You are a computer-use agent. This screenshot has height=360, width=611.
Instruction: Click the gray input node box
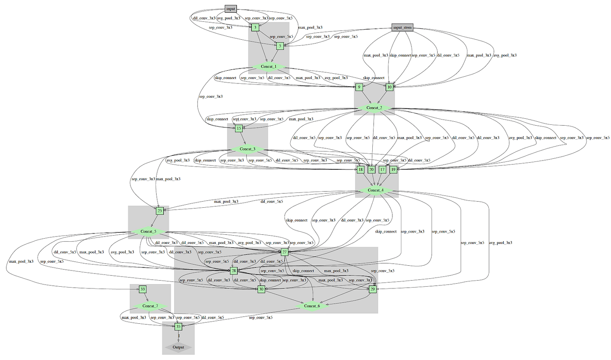(x=230, y=8)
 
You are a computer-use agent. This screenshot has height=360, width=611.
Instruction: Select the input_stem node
(x=402, y=28)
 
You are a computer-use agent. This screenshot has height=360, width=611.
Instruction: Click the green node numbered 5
(x=280, y=45)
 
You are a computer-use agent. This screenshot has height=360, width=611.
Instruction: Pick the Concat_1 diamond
(x=268, y=66)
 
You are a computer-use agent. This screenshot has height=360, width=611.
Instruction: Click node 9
(x=359, y=87)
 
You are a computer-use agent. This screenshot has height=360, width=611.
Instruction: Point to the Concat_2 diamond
(x=374, y=108)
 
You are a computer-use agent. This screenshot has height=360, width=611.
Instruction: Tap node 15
(x=239, y=128)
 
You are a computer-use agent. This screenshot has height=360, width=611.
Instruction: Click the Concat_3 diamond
(x=247, y=149)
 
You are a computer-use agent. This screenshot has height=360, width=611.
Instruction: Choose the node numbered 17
(x=382, y=169)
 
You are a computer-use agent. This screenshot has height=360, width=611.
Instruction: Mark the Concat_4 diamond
(x=375, y=190)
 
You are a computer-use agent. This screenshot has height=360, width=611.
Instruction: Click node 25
(x=160, y=211)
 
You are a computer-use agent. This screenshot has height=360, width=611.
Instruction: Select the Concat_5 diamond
(x=148, y=231)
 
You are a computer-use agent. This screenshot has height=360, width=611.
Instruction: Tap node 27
(x=284, y=252)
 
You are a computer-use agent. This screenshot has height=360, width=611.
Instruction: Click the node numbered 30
(x=261, y=289)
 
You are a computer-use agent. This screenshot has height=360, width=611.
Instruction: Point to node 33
(x=143, y=289)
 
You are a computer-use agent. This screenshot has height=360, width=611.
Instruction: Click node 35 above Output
(x=178, y=326)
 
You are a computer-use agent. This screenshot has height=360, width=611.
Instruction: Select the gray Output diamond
(x=178, y=347)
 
